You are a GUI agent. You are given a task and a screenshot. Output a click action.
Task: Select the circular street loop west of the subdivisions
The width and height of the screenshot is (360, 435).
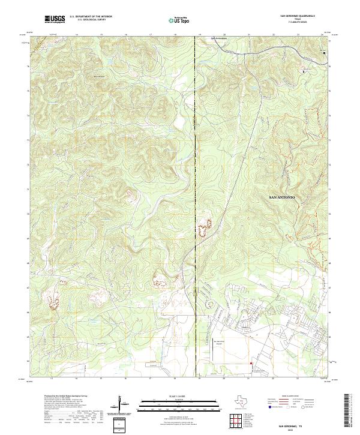pyautogui.click(x=209, y=305)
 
